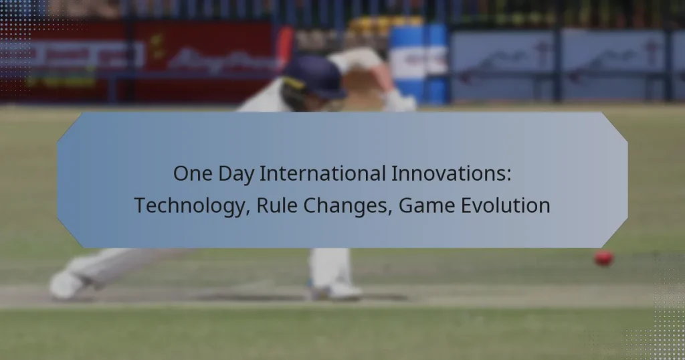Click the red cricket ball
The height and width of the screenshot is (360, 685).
click(603, 258)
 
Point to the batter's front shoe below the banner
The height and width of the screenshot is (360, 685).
click(336, 290)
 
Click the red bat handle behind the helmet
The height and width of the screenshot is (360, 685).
click(286, 44)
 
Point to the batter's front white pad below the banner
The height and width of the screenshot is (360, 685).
click(330, 266)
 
